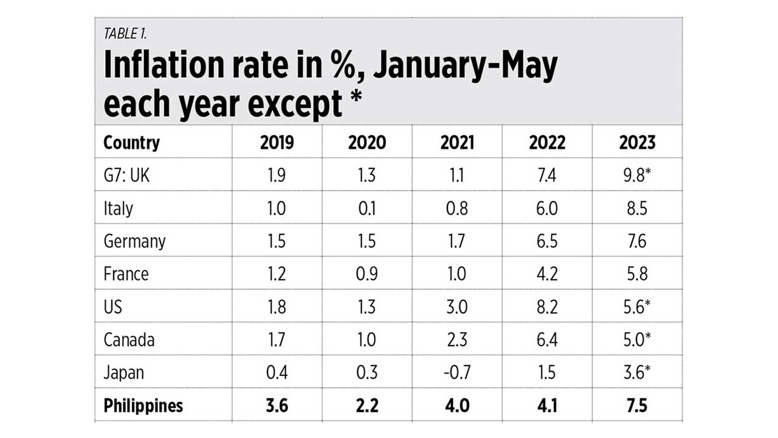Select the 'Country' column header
click(x=132, y=142)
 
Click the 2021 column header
click(x=456, y=142)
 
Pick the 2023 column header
click(x=637, y=142)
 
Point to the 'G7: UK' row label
click(x=127, y=175)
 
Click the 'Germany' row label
click(x=134, y=241)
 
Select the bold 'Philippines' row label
click(x=143, y=405)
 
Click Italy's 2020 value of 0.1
click(x=367, y=208)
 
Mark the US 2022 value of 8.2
click(x=547, y=307)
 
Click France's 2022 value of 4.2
click(x=547, y=274)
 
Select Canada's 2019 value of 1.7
click(x=277, y=339)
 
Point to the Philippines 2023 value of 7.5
click(x=637, y=405)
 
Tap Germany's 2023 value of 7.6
click(x=637, y=241)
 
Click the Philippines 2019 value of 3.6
click(x=277, y=405)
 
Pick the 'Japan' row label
click(x=124, y=372)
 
